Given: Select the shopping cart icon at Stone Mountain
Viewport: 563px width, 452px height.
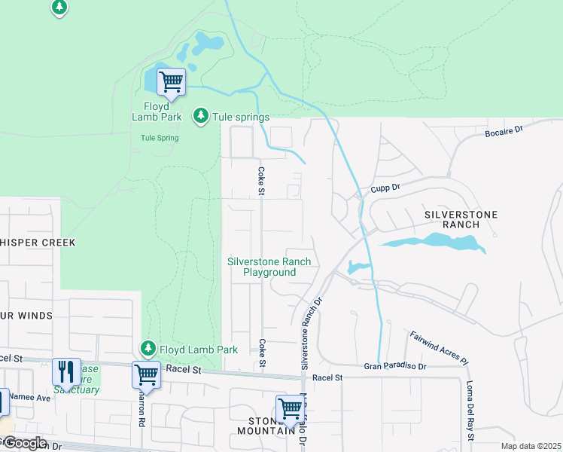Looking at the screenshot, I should [290, 408].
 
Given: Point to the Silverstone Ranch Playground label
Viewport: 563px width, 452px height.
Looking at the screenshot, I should [269, 267].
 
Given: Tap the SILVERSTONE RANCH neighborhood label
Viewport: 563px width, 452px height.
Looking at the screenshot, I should [461, 219].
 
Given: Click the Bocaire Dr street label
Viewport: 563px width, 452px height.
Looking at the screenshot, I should [504, 131].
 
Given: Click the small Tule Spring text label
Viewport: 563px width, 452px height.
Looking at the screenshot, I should [160, 138].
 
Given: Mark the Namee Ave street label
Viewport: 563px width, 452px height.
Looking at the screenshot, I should [30, 397].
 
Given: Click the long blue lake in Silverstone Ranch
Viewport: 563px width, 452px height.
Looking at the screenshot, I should [433, 243].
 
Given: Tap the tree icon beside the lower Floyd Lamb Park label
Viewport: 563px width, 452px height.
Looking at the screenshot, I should [148, 348].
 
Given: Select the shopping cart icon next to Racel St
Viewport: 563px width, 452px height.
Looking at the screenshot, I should [145, 374].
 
